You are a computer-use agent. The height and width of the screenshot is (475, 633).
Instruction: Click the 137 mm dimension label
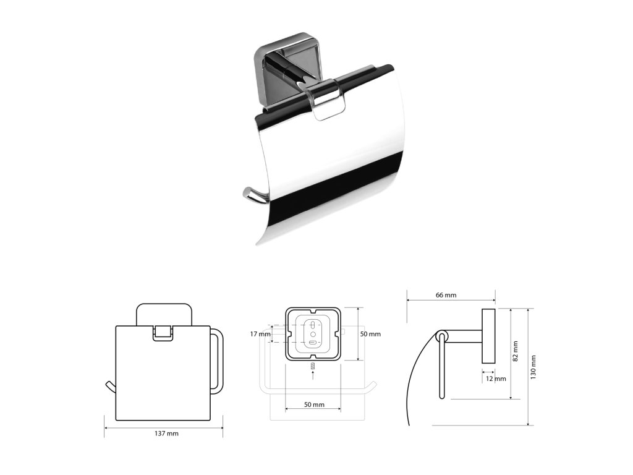pos(166,434)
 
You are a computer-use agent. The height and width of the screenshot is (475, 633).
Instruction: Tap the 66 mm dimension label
pos(446,295)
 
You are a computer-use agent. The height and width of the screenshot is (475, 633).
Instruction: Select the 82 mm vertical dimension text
pos(515,351)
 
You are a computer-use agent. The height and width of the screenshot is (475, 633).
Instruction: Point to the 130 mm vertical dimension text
pos(533,367)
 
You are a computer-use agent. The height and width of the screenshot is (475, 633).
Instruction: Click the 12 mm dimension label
pos(496,379)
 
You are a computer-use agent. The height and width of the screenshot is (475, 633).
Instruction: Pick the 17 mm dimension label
pos(260,334)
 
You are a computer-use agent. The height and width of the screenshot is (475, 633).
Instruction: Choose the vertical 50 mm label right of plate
pos(370,334)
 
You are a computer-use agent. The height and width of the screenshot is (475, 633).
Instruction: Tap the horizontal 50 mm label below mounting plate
pos(314,404)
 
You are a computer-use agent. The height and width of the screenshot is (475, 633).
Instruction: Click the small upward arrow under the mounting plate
pos(313,375)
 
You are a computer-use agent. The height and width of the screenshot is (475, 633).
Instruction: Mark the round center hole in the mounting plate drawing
pos(313,335)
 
